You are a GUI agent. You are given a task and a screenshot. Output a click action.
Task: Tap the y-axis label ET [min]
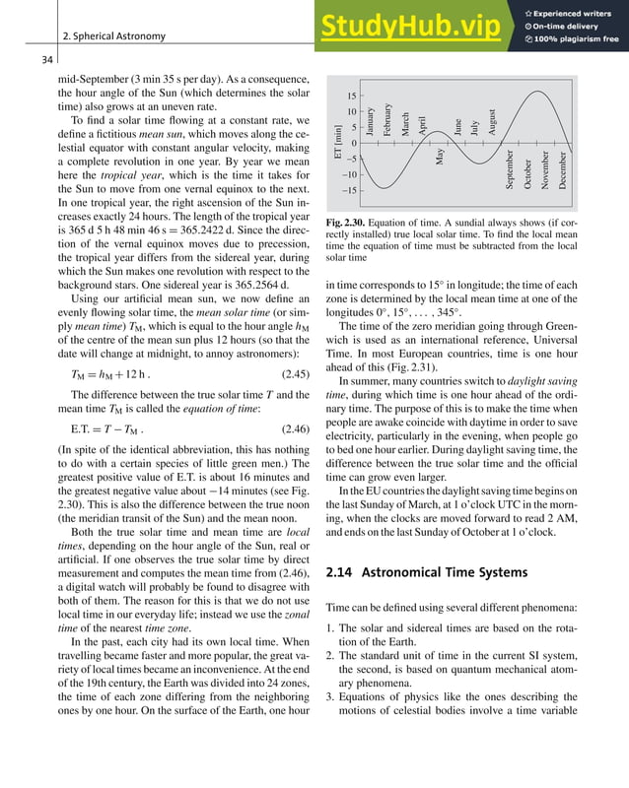[337, 141]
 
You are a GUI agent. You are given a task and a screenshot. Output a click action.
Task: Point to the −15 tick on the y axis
[348, 190]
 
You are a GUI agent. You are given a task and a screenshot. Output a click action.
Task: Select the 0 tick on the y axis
[353, 143]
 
